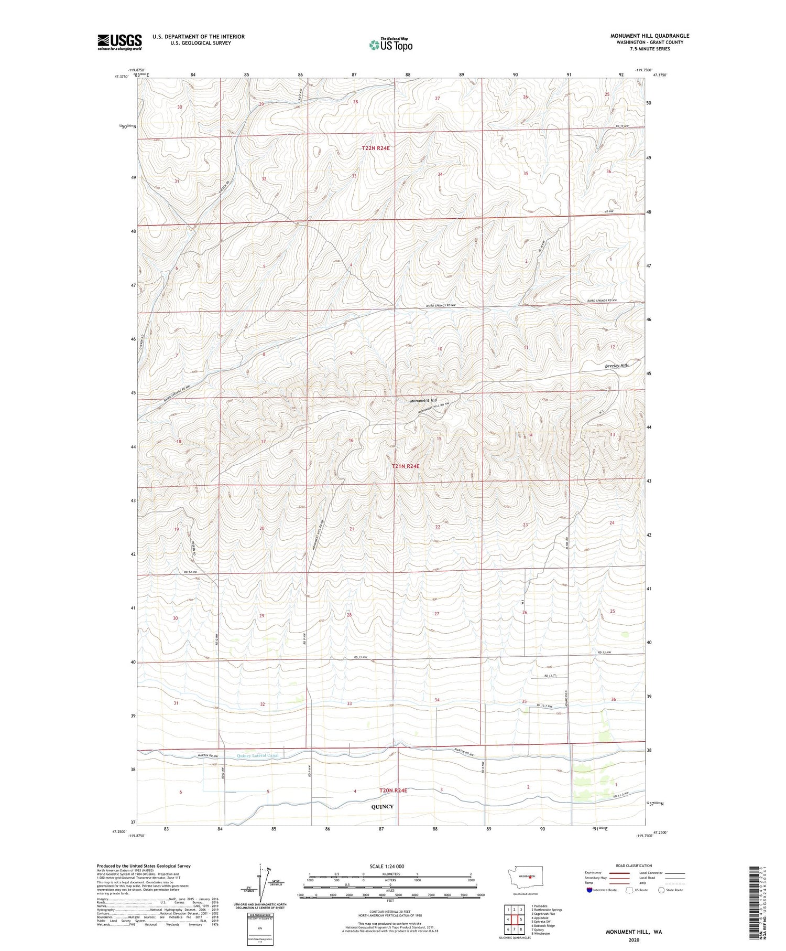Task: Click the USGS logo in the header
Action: tap(119, 42)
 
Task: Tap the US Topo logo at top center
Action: tap(390, 45)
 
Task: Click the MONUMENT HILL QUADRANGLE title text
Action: tap(650, 36)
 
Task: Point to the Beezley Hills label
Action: tap(617, 366)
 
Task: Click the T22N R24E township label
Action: tap(376, 148)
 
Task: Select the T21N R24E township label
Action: tap(406, 466)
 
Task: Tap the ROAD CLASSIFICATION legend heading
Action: tap(634, 865)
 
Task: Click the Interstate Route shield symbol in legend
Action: tap(589, 890)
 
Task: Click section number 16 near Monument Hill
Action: tap(351, 441)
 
